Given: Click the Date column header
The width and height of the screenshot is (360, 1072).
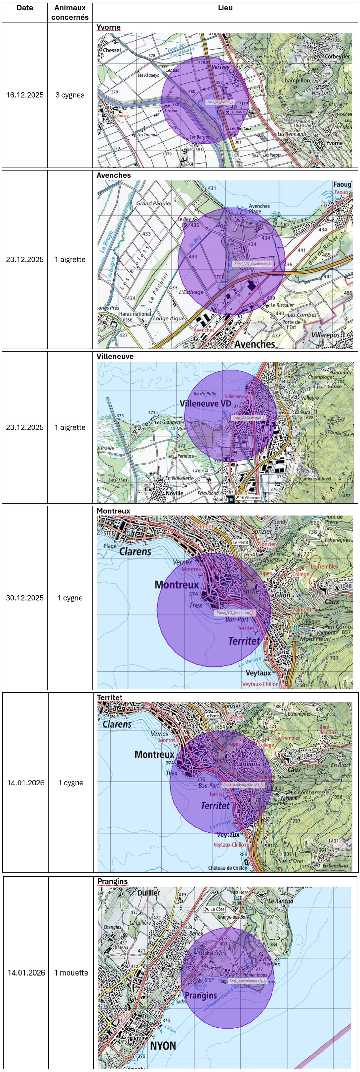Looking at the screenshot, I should point(24,8).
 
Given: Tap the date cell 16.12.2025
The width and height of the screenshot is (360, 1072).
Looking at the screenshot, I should point(24,95).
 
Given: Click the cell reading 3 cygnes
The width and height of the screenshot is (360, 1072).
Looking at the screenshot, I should point(70,95).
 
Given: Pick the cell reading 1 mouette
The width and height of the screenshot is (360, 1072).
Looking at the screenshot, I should point(71,973).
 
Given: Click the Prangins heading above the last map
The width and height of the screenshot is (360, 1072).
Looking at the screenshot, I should point(112,881).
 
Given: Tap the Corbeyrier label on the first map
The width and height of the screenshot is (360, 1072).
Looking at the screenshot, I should point(337,57).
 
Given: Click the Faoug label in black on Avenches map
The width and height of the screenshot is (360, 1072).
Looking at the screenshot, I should point(342,184).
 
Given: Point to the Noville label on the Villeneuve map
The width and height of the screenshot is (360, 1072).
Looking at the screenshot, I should point(175,493).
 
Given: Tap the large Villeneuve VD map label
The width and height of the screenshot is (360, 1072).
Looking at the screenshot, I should point(205,403).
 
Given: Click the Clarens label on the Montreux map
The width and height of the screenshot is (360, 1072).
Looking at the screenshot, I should point(135,552).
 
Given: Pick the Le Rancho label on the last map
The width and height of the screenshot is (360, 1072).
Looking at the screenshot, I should point(281,901).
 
